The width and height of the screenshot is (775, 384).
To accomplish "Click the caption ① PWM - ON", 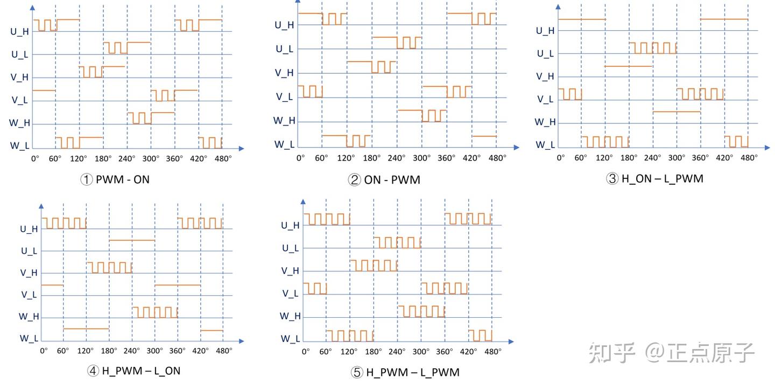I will (x=115, y=179).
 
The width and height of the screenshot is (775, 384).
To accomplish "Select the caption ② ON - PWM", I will (x=384, y=180).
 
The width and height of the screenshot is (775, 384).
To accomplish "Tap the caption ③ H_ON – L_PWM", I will (x=654, y=179).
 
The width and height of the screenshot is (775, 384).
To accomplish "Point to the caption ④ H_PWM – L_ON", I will (x=133, y=371).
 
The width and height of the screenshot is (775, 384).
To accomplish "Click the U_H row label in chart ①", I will (x=20, y=31).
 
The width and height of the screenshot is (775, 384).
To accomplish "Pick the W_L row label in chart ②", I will (x=284, y=144).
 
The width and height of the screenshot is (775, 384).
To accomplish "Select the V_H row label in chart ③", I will (x=545, y=76).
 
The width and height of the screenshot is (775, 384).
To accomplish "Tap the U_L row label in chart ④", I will (x=29, y=251).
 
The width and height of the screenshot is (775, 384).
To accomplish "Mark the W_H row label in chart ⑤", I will (x=290, y=316).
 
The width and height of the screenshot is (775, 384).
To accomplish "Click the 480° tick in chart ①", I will (x=222, y=158).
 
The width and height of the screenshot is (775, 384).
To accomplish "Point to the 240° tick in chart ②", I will (x=397, y=158).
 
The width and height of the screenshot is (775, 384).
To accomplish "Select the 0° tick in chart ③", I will (x=560, y=157).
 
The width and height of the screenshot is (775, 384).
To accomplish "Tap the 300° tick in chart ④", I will (x=154, y=351).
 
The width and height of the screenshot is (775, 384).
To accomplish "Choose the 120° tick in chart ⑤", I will (x=349, y=351).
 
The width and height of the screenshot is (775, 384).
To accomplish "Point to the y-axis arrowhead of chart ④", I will (x=41, y=205).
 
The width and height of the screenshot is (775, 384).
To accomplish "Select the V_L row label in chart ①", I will (x=19, y=100).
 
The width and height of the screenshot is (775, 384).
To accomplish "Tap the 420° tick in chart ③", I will (x=724, y=157).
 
